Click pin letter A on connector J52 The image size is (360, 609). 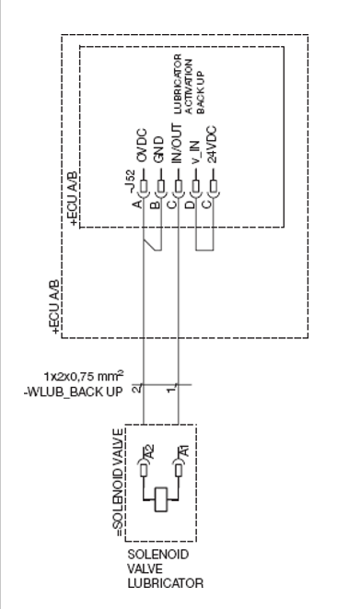tap(136, 202)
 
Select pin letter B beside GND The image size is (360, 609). tap(154, 202)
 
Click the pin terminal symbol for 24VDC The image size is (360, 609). tap(213, 193)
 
